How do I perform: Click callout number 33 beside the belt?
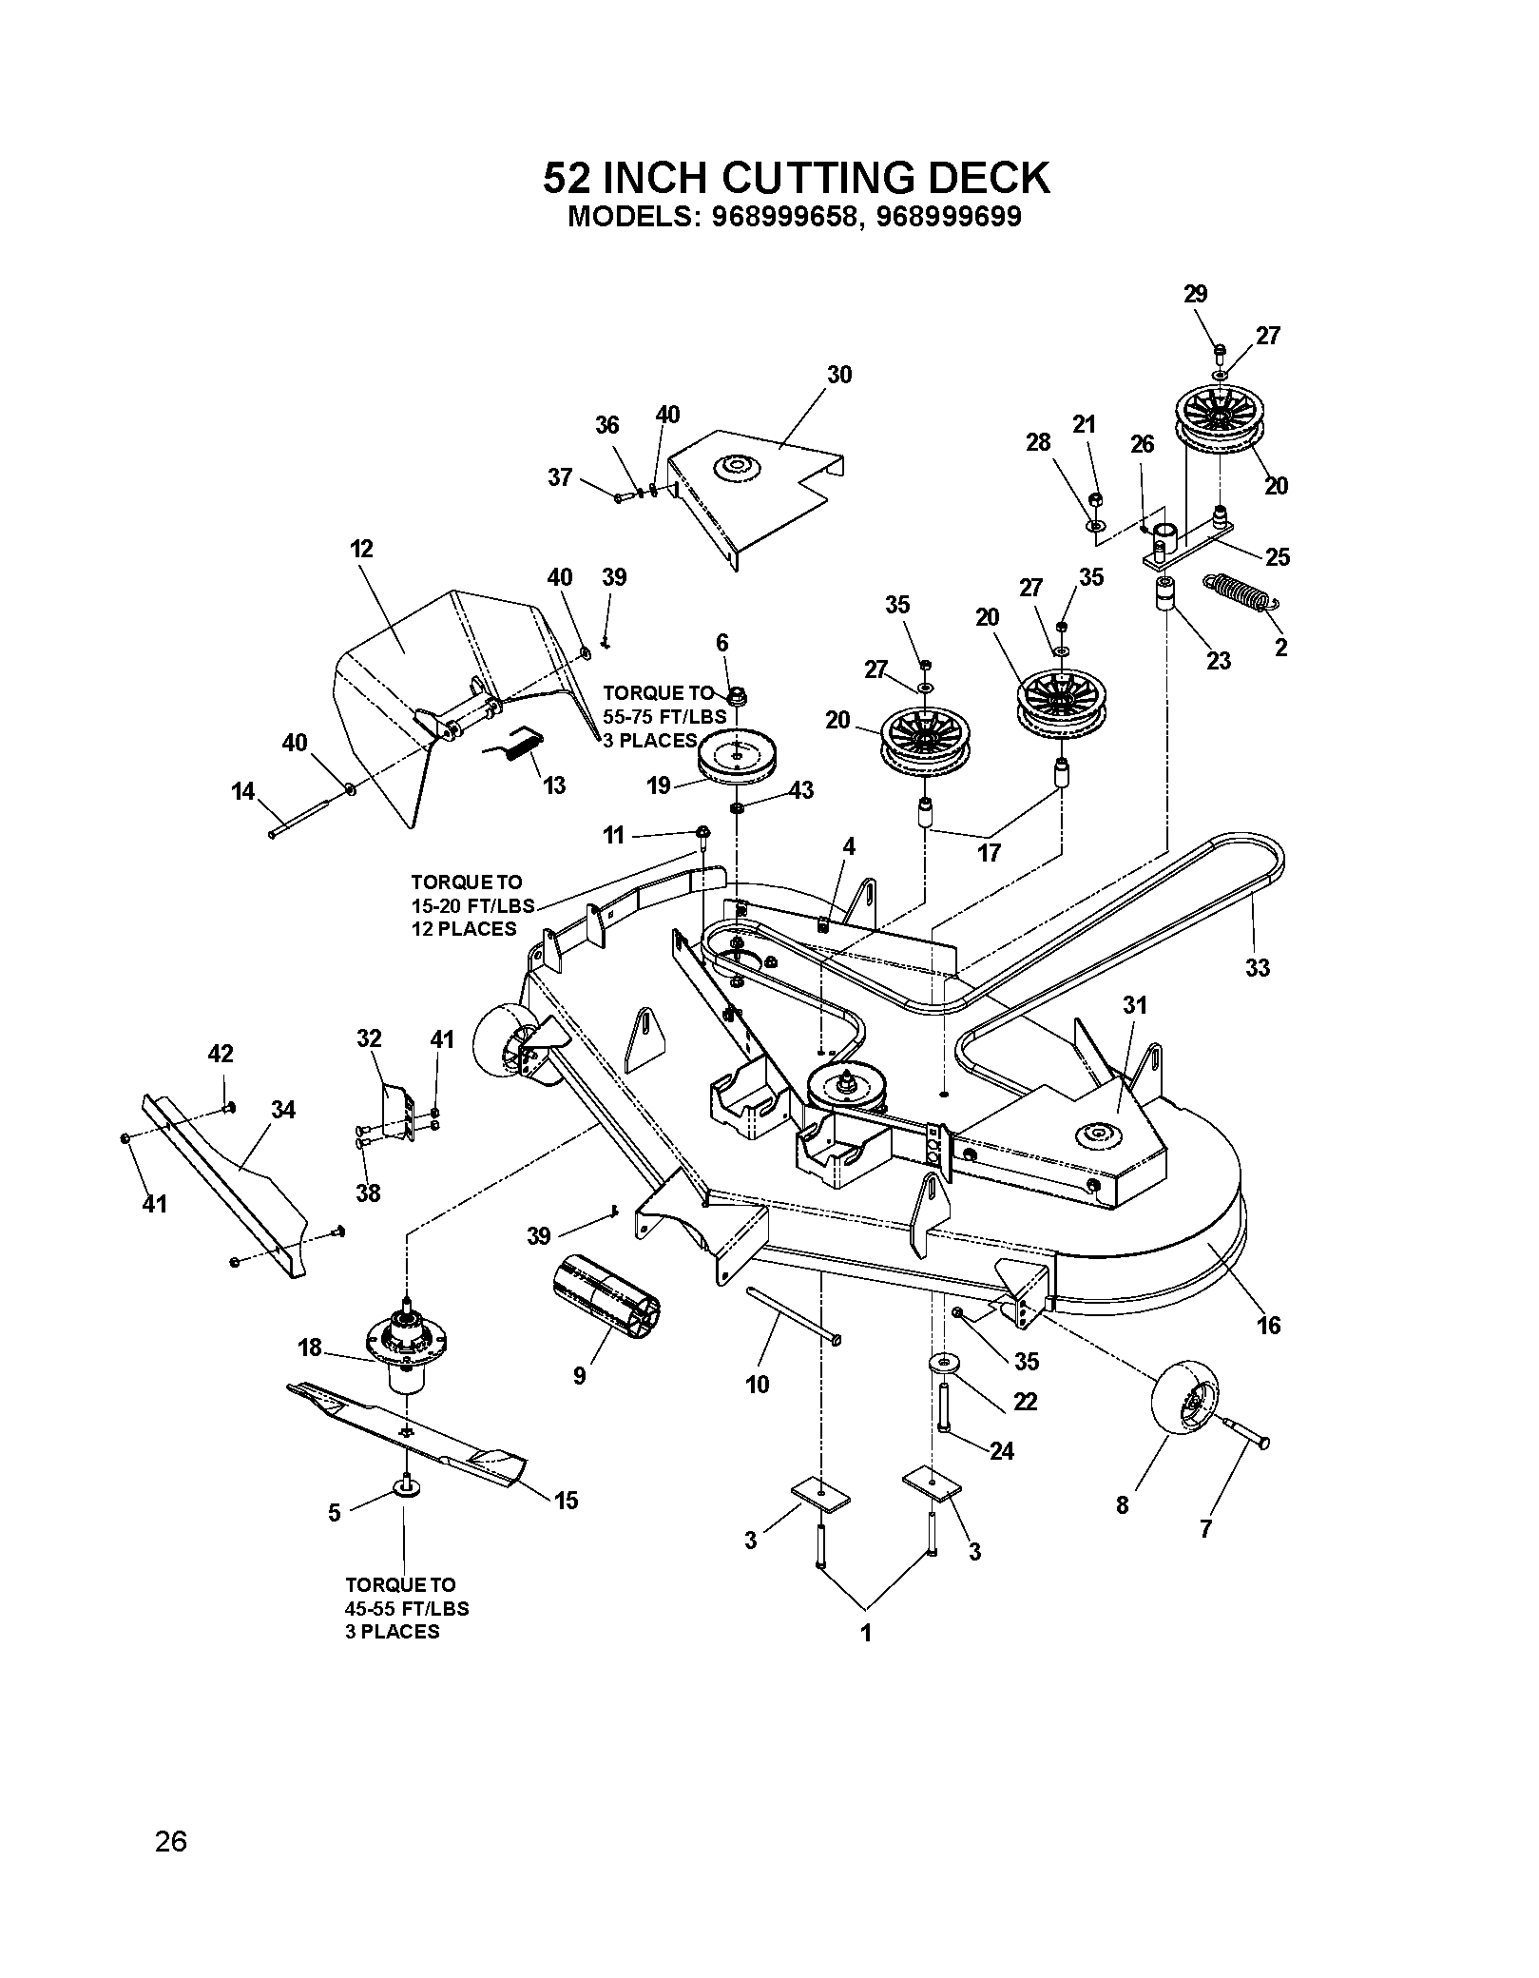pyautogui.click(x=1257, y=967)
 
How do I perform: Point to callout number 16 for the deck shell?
pyautogui.click(x=1269, y=1324)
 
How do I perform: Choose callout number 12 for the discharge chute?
pyautogui.click(x=361, y=549)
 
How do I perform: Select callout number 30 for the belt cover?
pyautogui.click(x=839, y=375)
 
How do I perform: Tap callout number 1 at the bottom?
pyautogui.click(x=865, y=1633)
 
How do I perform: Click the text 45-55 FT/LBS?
pyautogui.click(x=407, y=1608)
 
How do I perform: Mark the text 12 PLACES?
pyautogui.click(x=464, y=928)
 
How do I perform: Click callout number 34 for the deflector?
pyautogui.click(x=282, y=1109)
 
